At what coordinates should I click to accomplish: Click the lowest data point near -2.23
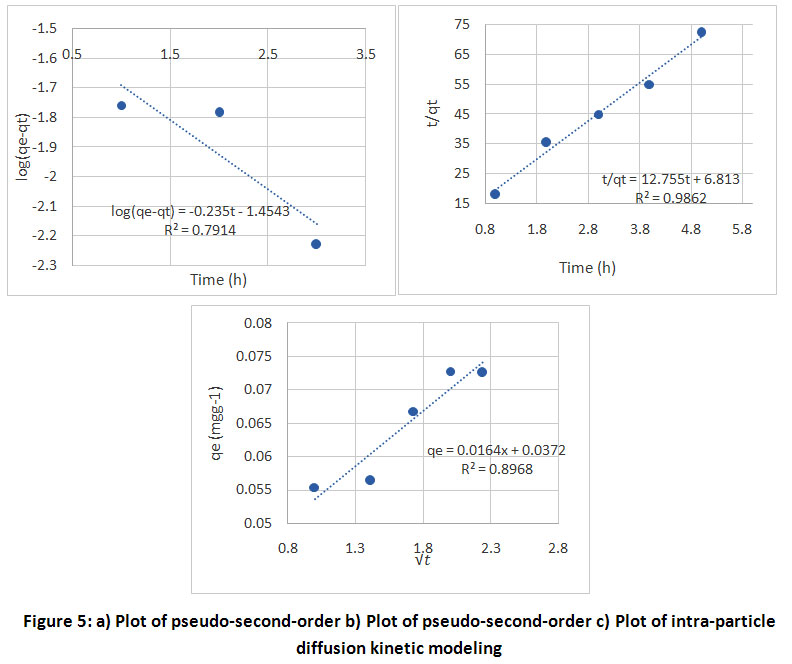[316, 244]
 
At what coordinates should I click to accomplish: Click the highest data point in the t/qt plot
[701, 32]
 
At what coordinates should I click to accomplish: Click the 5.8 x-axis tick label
[741, 229]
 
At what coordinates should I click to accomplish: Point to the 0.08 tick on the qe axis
[258, 323]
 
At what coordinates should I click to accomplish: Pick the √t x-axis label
[423, 560]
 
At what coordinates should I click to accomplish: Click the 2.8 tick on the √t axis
[558, 548]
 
